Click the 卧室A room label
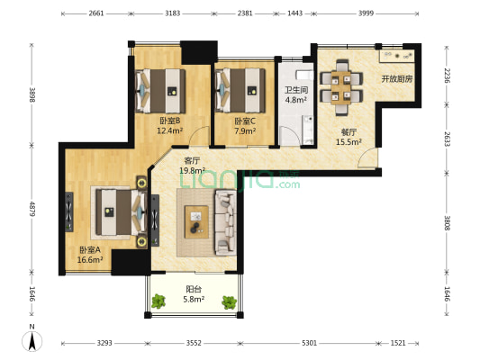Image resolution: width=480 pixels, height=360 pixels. point(90,250)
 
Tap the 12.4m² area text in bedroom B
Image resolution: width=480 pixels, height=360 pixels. point(170,130)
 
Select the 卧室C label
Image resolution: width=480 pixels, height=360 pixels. point(245,121)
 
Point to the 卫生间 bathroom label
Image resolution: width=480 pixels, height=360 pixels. point(296,90)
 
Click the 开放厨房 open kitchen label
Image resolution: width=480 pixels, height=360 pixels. point(397,79)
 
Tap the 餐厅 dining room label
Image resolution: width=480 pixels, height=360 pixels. point(349,132)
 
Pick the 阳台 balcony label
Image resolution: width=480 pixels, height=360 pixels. point(194,289)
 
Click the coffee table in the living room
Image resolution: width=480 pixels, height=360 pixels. point(196,222)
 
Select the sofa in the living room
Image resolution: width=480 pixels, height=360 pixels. point(226,222)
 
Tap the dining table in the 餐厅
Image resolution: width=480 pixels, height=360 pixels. point(341,88)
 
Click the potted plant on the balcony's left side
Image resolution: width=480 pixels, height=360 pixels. point(158,301)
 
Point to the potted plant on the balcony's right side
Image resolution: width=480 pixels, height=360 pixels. point(230,302)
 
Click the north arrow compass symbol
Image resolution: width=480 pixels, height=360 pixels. point(32,339)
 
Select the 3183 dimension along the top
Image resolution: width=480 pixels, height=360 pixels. point(172,13)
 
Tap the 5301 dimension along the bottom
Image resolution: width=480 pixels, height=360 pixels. point(309,343)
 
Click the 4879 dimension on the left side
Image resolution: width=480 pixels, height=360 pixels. point(32,209)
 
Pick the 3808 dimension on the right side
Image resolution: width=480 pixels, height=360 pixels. point(447,223)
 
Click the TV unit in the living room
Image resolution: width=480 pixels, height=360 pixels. point(155,220)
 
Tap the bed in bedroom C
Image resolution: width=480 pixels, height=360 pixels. point(240,91)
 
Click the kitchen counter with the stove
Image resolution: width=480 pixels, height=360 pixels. point(397,56)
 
